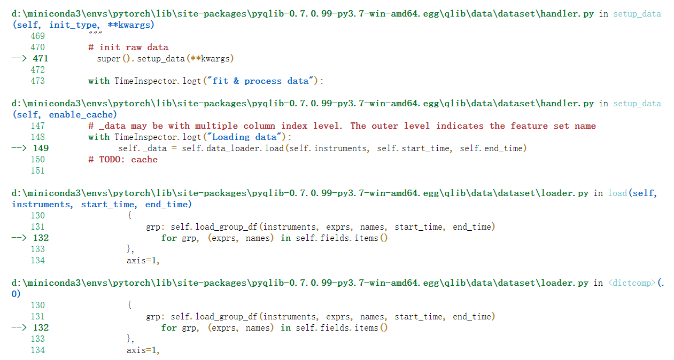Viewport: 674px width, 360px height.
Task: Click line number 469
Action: pos(37,36)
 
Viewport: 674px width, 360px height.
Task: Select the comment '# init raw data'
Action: pos(128,47)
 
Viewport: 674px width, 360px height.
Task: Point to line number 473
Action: pos(37,81)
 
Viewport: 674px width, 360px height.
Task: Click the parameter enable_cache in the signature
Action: pos(80,114)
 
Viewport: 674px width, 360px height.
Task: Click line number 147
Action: pos(37,126)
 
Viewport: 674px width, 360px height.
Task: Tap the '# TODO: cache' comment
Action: pos(123,159)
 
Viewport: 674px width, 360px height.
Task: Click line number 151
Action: pos(37,170)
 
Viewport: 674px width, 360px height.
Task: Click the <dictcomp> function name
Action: pos(631,283)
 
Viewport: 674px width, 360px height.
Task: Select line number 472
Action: pos(37,69)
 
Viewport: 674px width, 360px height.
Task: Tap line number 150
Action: pos(37,159)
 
